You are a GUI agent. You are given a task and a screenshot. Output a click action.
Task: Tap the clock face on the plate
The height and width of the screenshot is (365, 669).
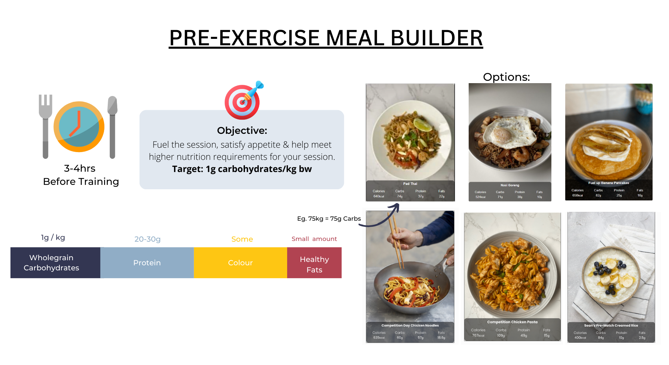point(79,127)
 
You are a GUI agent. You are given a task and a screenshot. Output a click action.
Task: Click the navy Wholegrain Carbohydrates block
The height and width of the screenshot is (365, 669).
point(55,263)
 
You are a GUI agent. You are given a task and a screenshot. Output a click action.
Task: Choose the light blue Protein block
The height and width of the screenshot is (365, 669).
point(147,263)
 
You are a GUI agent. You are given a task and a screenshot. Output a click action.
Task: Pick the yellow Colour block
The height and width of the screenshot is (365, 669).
point(240,263)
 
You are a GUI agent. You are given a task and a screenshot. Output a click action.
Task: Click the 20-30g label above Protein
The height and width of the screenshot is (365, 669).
point(147,239)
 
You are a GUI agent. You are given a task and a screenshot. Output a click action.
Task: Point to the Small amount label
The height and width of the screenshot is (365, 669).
point(314,239)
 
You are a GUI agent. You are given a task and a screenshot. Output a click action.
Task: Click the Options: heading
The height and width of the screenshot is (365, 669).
point(506,77)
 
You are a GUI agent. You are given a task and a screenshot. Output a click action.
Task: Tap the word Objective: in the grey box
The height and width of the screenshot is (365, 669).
point(242,130)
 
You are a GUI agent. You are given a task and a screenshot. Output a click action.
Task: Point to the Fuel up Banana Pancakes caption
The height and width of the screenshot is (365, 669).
point(609,183)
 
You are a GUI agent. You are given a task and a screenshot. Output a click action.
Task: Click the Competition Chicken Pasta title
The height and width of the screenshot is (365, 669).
point(512,322)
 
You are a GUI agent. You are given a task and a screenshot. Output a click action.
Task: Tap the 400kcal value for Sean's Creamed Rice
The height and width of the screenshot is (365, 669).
point(580,338)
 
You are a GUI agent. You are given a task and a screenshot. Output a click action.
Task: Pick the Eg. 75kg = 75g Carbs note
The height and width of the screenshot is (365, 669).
point(329,219)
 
